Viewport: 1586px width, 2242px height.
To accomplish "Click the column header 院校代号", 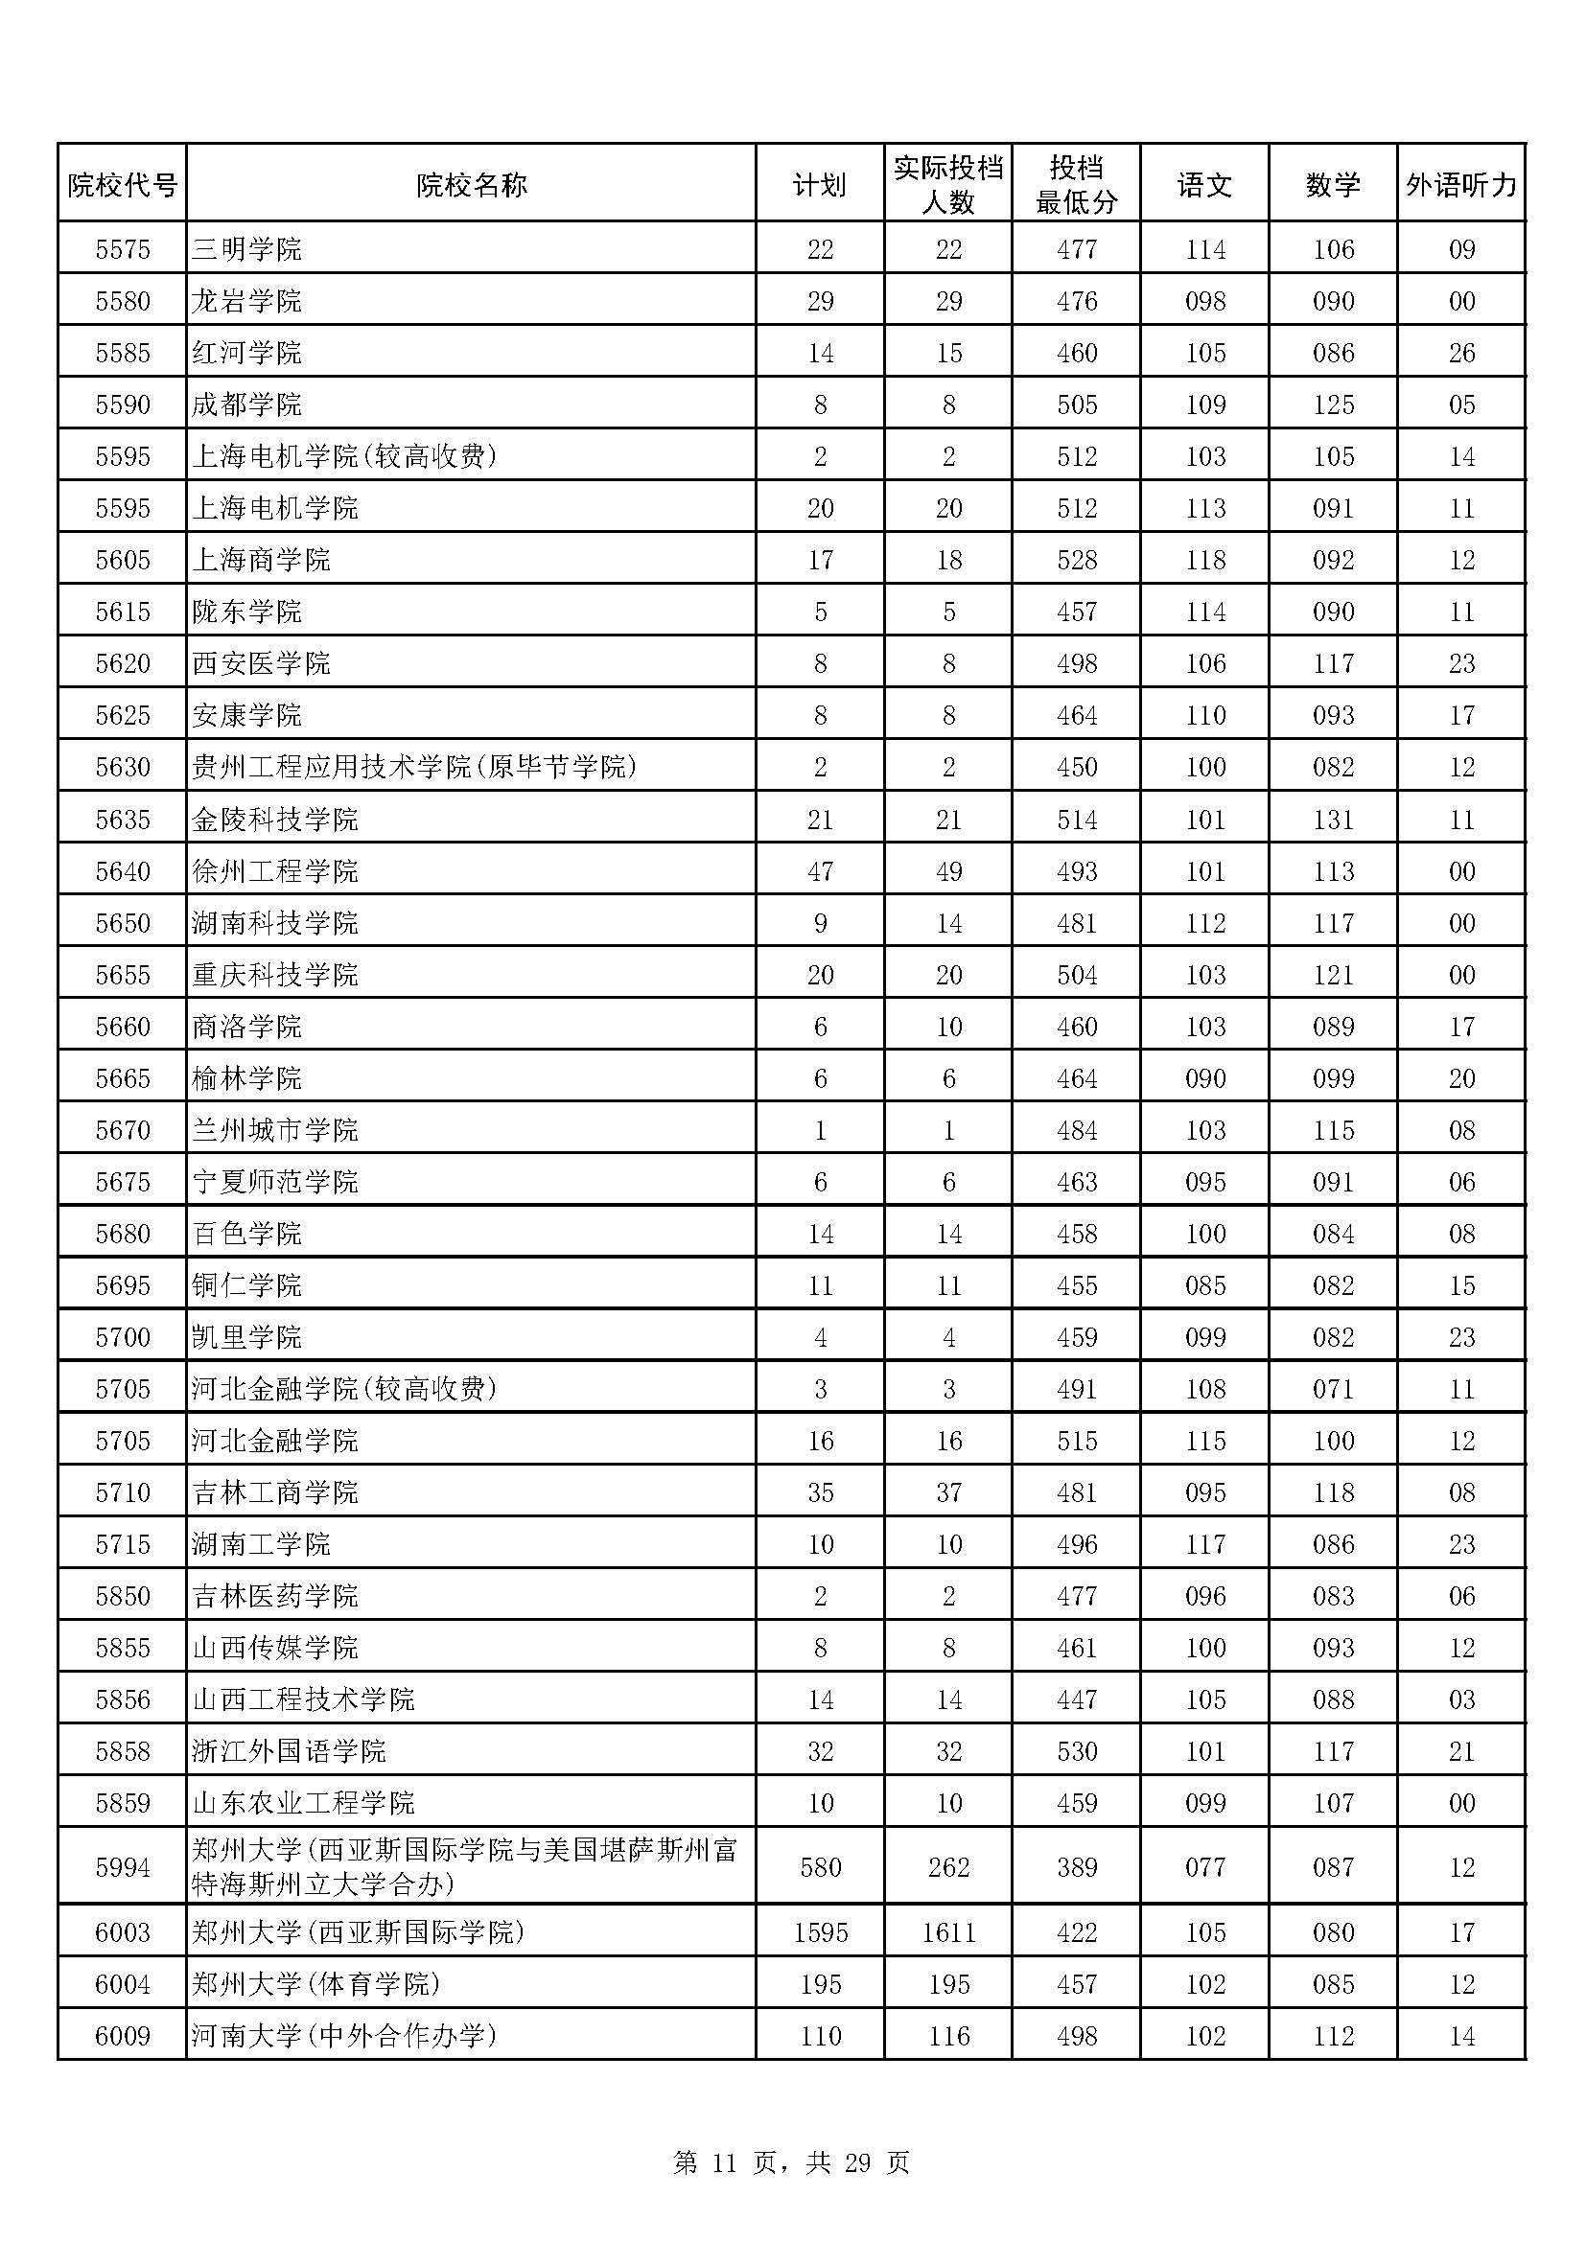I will pyautogui.click(x=122, y=185).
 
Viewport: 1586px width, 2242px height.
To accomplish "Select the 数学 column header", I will pyautogui.click(x=1333, y=185).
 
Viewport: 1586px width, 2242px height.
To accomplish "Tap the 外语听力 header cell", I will pyautogui.click(x=1461, y=185).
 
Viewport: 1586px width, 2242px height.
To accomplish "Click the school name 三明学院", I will pyautogui.click(x=247, y=249).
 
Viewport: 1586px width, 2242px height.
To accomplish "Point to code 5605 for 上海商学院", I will pyautogui.click(x=122, y=560).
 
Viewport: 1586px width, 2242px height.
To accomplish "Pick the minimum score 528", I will pyautogui.click(x=1076, y=560).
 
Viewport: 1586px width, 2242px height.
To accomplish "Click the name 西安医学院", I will pyautogui.click(x=261, y=663).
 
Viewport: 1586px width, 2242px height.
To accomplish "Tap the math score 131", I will pyautogui.click(x=1333, y=820).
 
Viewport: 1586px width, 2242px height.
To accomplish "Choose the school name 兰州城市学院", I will pyautogui.click(x=275, y=1130).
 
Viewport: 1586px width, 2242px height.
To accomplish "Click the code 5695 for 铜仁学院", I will pyautogui.click(x=122, y=1285).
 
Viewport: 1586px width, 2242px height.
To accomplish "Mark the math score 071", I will pyautogui.click(x=1333, y=1389).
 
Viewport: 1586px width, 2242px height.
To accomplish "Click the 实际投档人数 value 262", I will pyautogui.click(x=948, y=1867).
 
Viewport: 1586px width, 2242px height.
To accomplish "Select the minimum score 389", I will pyautogui.click(x=1076, y=1867).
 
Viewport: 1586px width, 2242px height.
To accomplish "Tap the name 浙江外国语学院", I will pyautogui.click(x=289, y=1751).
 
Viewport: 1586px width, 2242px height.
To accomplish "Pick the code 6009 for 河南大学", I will pyautogui.click(x=122, y=2036).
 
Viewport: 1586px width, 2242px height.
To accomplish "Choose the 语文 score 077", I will pyautogui.click(x=1205, y=1867).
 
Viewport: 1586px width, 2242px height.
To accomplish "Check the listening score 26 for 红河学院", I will pyautogui.click(x=1461, y=353).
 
